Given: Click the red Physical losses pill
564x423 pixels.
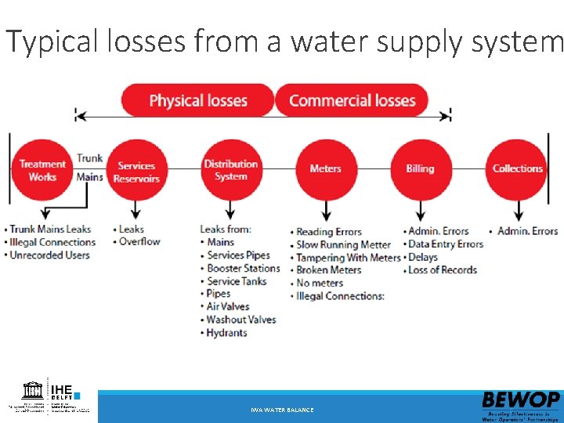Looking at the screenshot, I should (x=197, y=100).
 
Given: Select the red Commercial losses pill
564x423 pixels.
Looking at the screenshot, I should (x=352, y=100).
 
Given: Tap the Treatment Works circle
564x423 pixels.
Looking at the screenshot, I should (x=42, y=170).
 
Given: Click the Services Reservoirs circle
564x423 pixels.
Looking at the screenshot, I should (x=136, y=171).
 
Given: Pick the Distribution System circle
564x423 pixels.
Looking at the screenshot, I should (x=230, y=170).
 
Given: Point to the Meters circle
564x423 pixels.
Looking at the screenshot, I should (x=325, y=168).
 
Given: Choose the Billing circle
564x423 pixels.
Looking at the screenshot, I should (x=420, y=168).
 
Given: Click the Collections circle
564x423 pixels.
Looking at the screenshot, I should (x=517, y=168).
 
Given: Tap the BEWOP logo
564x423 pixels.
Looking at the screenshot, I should (x=521, y=404).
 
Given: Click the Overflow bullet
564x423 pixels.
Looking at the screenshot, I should (x=139, y=242).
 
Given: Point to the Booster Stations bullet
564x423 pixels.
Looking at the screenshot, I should (x=243, y=268).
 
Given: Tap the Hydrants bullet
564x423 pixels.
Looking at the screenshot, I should (x=226, y=333).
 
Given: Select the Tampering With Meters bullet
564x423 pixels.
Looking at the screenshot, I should (x=348, y=257).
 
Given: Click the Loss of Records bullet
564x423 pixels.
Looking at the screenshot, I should (x=443, y=269).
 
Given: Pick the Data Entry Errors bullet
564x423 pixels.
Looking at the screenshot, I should (x=446, y=244).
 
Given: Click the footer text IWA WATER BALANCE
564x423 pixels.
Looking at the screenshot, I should (x=282, y=410).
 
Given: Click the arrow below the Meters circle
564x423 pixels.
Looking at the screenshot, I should (x=325, y=210).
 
